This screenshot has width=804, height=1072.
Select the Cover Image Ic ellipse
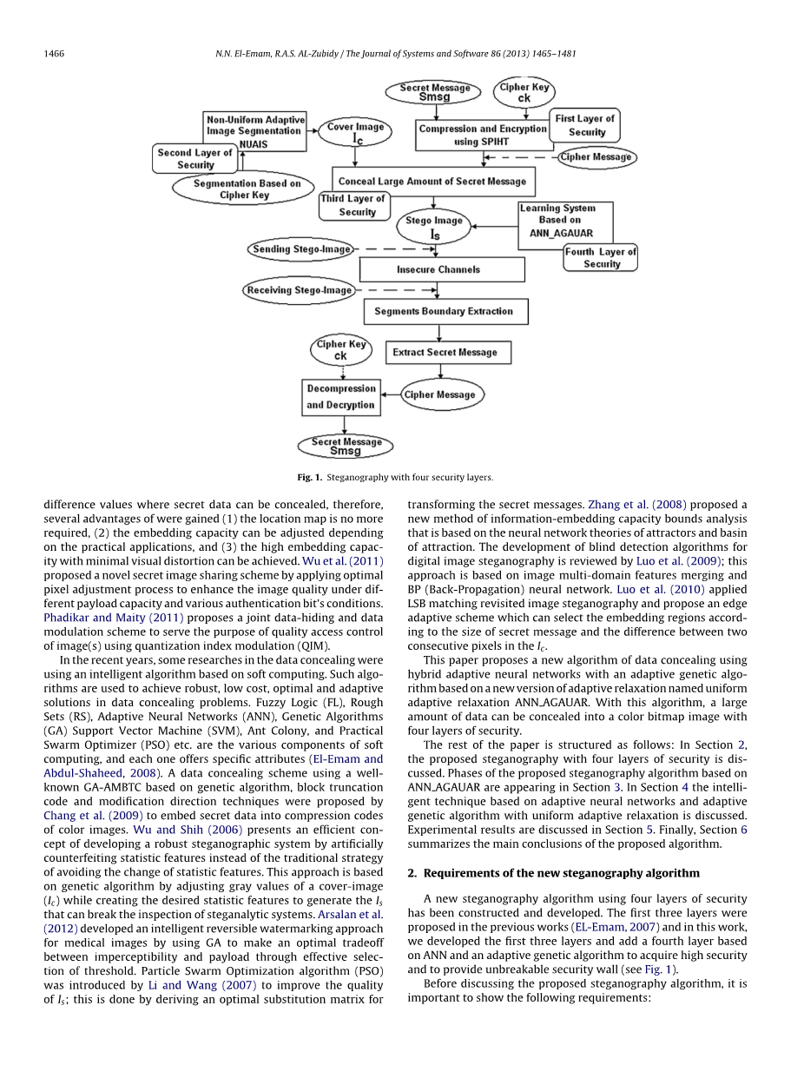tap(356, 133)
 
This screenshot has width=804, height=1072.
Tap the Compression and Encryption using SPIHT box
tap(483, 135)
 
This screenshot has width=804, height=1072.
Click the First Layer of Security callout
tap(585, 126)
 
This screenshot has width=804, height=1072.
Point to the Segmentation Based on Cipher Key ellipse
tap(247, 189)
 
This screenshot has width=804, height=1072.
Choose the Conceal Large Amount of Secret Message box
tap(432, 182)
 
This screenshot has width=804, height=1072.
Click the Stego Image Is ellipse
tap(435, 228)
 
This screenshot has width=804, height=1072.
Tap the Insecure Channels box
tap(438, 270)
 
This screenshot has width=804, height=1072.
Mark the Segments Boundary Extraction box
tap(444, 311)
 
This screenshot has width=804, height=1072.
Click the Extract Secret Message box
tap(445, 353)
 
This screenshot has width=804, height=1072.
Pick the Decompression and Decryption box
tap(341, 397)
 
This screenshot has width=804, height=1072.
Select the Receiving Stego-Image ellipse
tap(300, 290)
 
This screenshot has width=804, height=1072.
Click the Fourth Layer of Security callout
tap(601, 258)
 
